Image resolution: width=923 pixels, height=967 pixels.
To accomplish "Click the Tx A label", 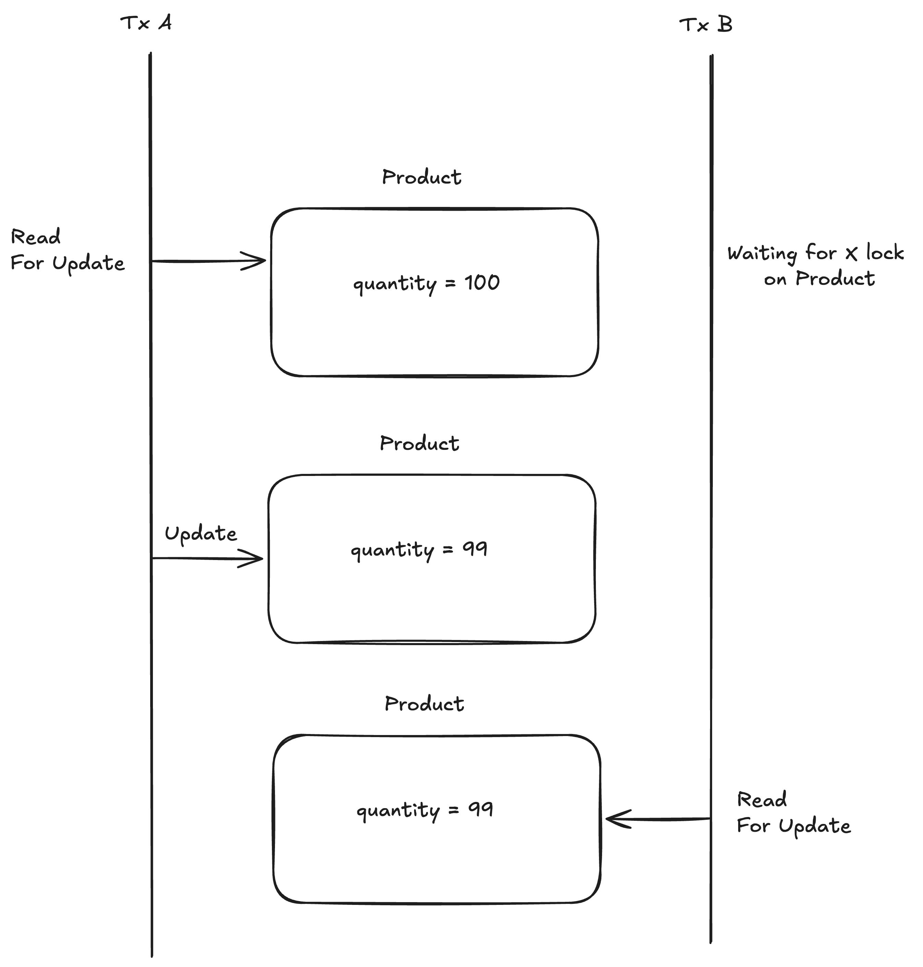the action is tap(146, 23).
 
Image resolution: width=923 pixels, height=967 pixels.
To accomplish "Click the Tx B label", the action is tap(706, 25).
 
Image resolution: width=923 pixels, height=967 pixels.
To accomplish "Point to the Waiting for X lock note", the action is tap(815, 266).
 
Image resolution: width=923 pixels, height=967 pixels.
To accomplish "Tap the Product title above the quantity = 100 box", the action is tap(422, 177).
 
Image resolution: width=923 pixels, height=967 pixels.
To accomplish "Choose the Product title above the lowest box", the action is tap(424, 704).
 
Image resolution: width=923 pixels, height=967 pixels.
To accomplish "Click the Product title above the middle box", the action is tap(419, 444).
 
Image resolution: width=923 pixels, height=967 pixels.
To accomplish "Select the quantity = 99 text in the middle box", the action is tap(419, 550).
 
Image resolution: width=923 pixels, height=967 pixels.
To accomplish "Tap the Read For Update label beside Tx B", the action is tap(794, 813).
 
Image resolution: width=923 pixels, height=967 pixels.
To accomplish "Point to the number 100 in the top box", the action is tap(482, 283).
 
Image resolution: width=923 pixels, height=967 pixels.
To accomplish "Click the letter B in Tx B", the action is tap(725, 25).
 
